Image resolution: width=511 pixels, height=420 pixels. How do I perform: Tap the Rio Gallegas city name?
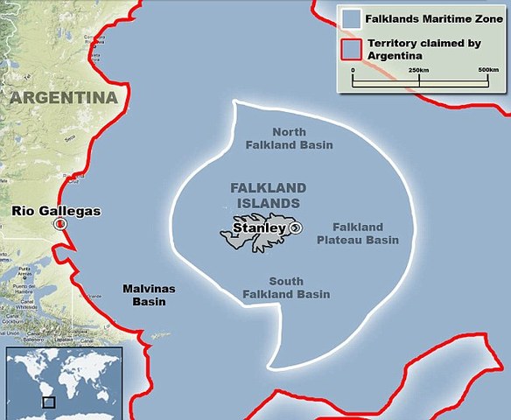(x=56, y=211)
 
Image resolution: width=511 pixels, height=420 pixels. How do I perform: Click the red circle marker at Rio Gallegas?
(x=59, y=224)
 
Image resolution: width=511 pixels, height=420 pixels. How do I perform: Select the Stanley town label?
(x=259, y=228)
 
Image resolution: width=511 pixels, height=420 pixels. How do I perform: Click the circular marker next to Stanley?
(x=295, y=228)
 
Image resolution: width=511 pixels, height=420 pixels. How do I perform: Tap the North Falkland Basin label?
(x=289, y=138)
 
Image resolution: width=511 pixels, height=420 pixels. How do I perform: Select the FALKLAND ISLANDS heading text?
(x=268, y=195)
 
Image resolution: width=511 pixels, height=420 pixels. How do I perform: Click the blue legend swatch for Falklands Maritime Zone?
(x=353, y=17)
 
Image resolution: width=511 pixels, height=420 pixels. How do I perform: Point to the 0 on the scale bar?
(x=353, y=68)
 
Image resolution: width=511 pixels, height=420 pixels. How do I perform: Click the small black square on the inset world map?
(x=49, y=402)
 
